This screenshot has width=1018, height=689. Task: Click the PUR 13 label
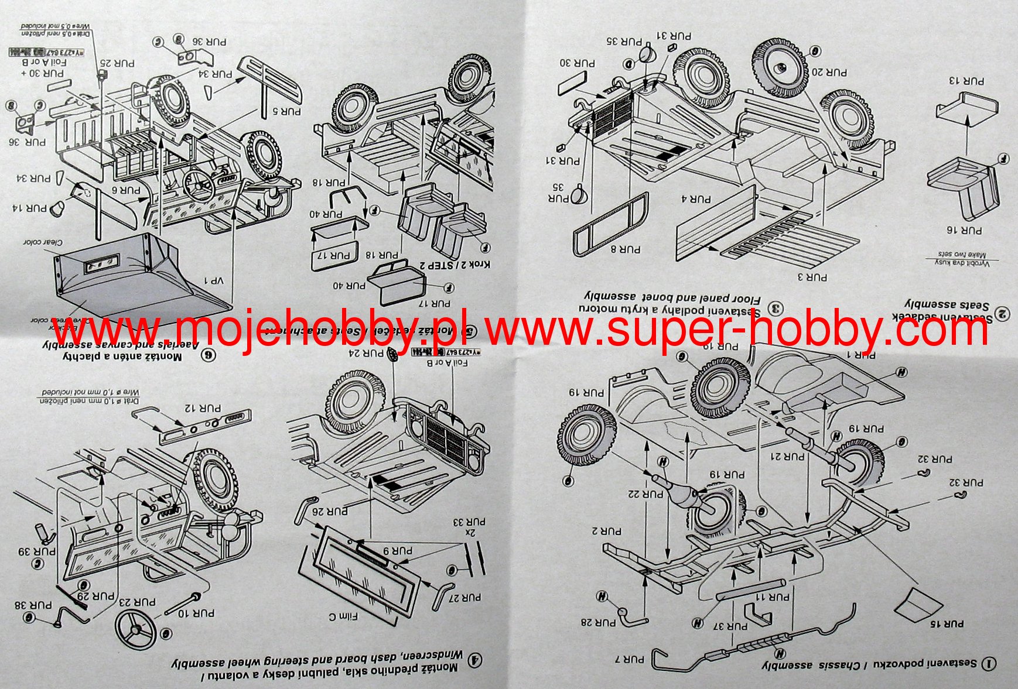[x=966, y=81]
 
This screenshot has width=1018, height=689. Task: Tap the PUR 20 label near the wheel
[x=829, y=73]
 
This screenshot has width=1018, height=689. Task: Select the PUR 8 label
[x=626, y=249]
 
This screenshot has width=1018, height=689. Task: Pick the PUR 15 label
[x=947, y=624]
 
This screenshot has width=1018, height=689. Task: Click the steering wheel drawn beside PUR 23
[x=135, y=629]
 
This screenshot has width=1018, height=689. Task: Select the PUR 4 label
[x=695, y=200]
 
